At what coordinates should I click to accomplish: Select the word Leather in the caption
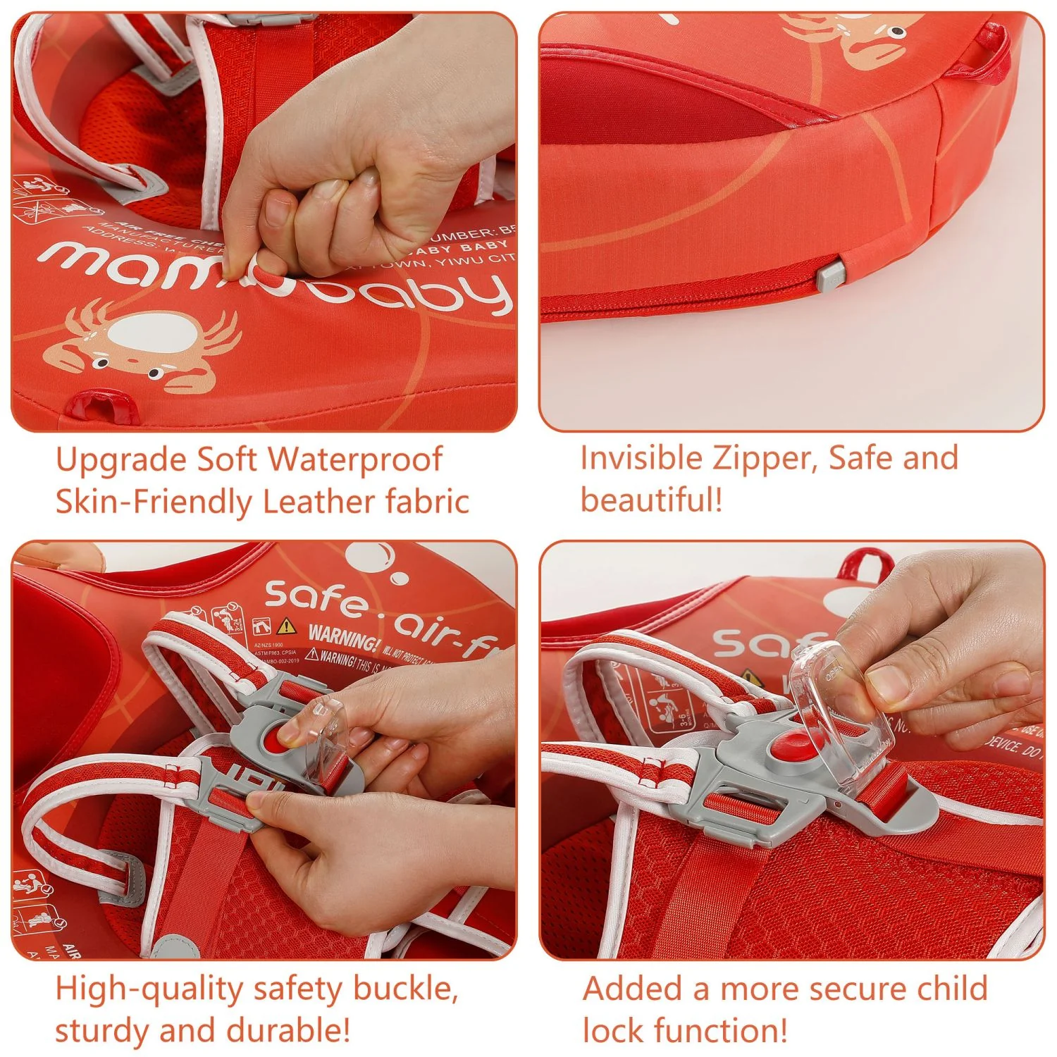[319, 502]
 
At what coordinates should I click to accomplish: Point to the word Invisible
[641, 458]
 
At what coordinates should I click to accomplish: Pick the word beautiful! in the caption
[652, 500]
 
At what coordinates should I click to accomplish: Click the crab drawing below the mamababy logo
[141, 345]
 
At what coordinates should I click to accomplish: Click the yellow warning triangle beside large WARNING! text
[285, 626]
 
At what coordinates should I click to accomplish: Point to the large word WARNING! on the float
[343, 638]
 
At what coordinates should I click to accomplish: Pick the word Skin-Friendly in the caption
[152, 502]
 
